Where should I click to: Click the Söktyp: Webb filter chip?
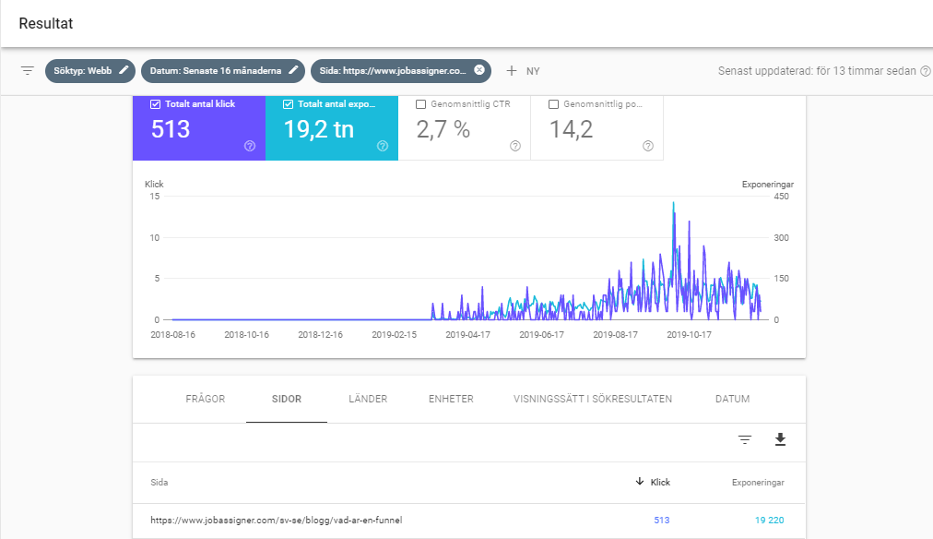(x=89, y=70)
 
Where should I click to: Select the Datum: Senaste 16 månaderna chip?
(x=222, y=70)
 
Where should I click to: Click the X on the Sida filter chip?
(x=479, y=70)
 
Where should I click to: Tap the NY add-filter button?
(x=523, y=71)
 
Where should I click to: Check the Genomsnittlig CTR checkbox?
(x=421, y=104)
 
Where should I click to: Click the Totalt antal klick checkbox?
(x=155, y=104)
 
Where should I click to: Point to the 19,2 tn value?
(x=319, y=130)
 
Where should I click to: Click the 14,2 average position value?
(x=570, y=130)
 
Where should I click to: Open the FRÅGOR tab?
(x=205, y=399)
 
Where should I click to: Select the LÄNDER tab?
(x=368, y=399)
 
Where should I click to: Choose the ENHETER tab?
(x=451, y=399)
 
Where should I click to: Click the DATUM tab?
(x=732, y=399)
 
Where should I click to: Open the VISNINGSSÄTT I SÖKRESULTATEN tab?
(x=593, y=399)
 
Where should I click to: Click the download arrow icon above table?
(x=780, y=439)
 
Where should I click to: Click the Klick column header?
(x=659, y=483)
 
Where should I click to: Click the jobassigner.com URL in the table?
(x=276, y=521)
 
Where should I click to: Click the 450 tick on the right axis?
(x=780, y=196)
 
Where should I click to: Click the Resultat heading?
(x=46, y=23)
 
